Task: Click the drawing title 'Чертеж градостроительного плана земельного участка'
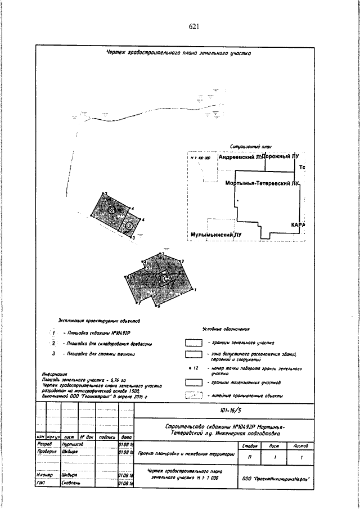[x=179, y=54]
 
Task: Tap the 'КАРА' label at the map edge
[x=298, y=225]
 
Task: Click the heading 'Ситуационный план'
[x=251, y=147]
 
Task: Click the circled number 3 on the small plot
[x=129, y=226]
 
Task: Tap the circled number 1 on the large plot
[x=163, y=279]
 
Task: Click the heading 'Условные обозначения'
[x=225, y=329]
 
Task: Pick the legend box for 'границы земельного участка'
[x=194, y=342]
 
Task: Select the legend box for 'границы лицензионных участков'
[x=194, y=382]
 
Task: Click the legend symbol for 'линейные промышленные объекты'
[x=194, y=395]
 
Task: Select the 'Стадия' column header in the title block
[x=245, y=445]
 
